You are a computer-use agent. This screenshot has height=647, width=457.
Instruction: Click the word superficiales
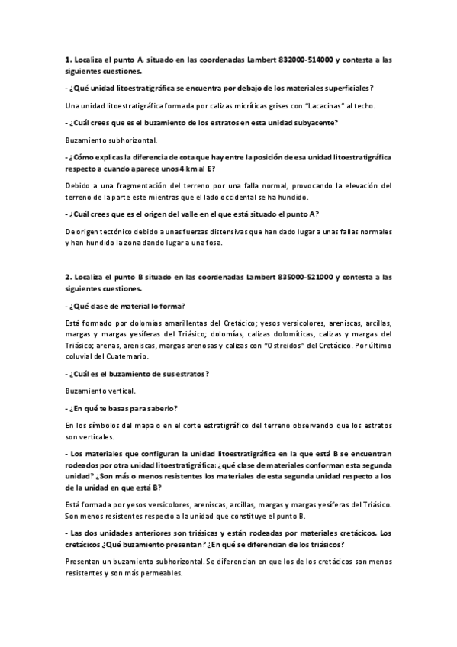coord(345,88)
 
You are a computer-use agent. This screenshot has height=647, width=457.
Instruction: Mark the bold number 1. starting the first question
coord(67,59)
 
